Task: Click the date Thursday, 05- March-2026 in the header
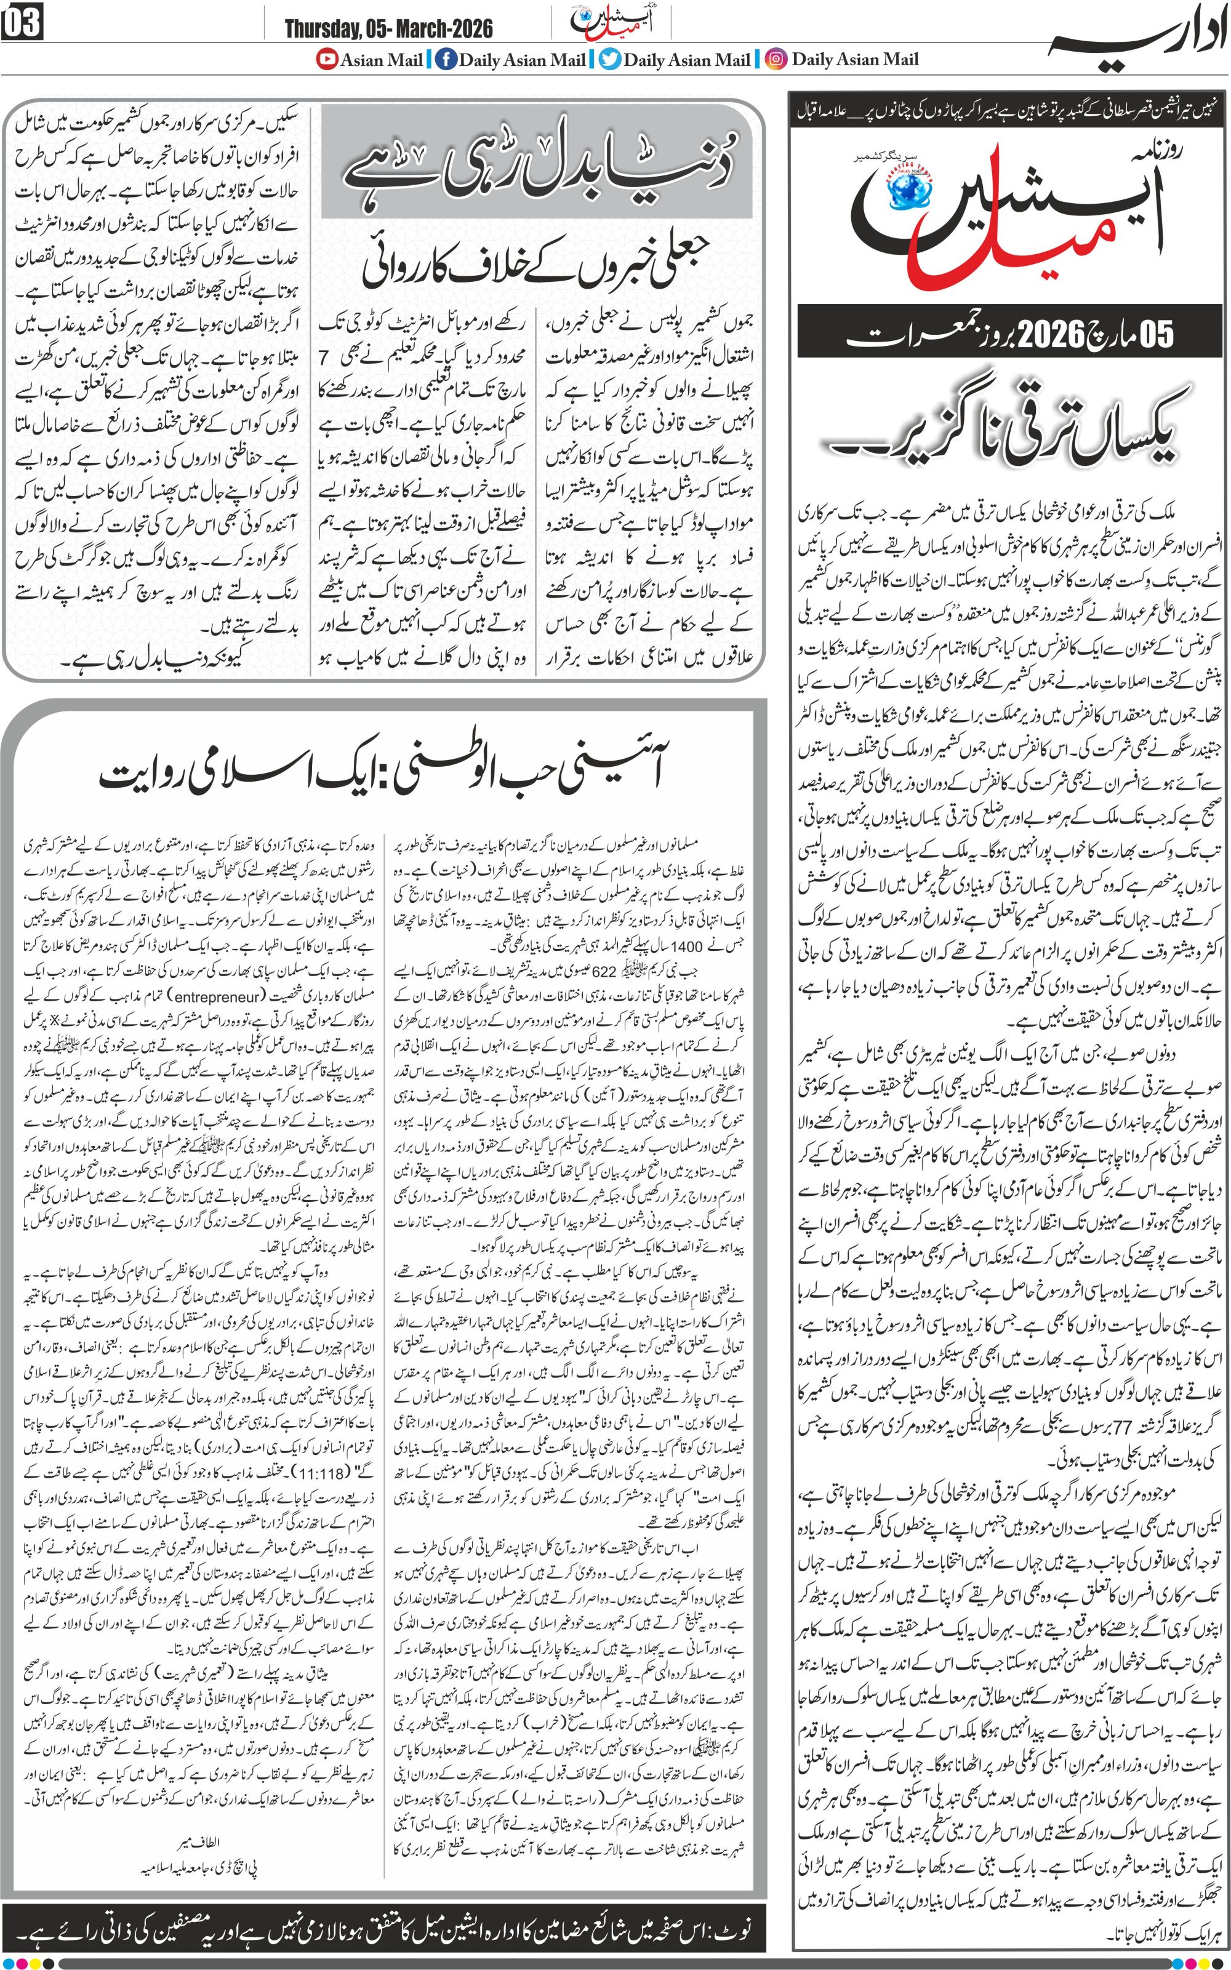pos(388,30)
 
